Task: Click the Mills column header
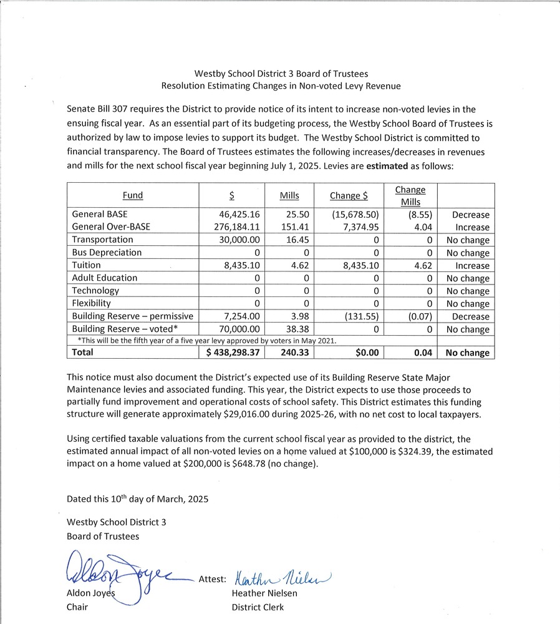click(x=289, y=195)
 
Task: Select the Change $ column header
click(x=349, y=195)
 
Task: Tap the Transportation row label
click(x=102, y=240)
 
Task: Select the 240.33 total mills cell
click(x=288, y=353)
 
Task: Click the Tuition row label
click(x=86, y=265)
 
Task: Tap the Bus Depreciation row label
click(x=107, y=253)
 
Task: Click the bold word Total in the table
click(x=82, y=353)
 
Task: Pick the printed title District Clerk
click(x=258, y=607)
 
